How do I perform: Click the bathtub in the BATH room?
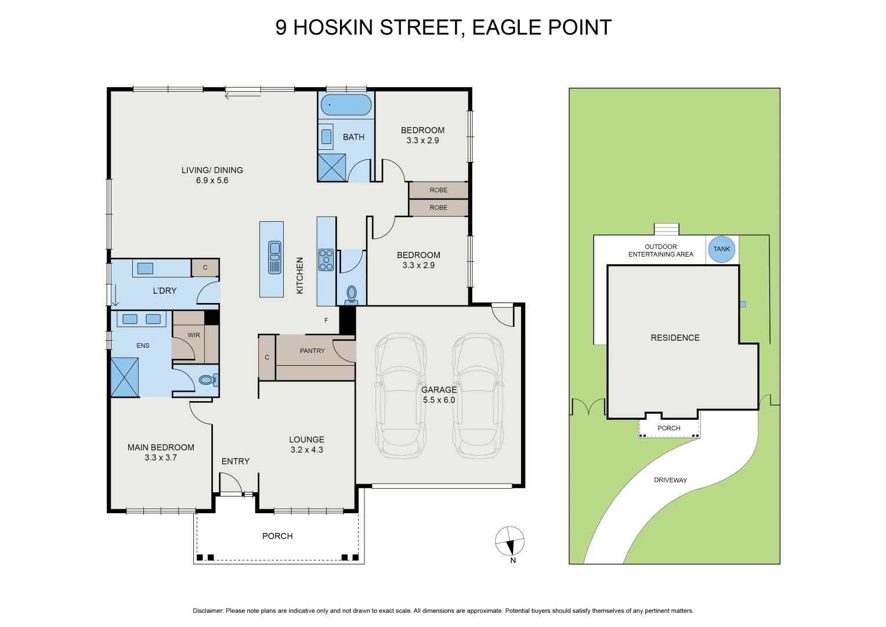(346, 105)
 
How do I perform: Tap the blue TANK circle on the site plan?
(721, 249)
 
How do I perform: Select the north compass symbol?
(509, 542)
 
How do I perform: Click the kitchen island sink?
(274, 257)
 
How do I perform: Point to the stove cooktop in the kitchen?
(326, 260)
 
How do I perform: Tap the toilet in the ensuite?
(207, 380)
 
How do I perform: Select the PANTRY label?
(312, 351)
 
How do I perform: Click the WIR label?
(194, 335)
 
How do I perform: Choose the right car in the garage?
(478, 396)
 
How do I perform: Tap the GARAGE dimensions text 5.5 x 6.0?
(439, 400)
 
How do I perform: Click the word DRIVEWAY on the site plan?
(670, 480)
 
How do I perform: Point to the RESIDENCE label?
(675, 338)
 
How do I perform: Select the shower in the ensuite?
(125, 377)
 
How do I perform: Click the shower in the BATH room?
(332, 167)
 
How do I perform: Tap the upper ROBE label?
(438, 190)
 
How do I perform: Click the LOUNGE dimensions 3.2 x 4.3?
(306, 450)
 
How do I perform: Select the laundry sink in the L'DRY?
(145, 268)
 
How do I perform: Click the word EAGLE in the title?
(501, 27)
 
